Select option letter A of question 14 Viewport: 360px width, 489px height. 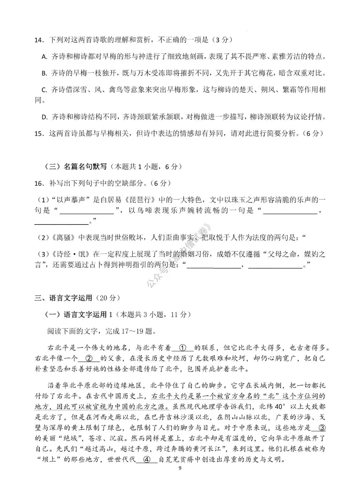[x=44, y=57]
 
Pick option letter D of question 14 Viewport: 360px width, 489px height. [x=44, y=117]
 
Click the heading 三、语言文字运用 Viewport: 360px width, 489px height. [x=63, y=298]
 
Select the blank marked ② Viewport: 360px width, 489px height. [x=89, y=358]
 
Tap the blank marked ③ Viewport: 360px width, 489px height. [x=322, y=428]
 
